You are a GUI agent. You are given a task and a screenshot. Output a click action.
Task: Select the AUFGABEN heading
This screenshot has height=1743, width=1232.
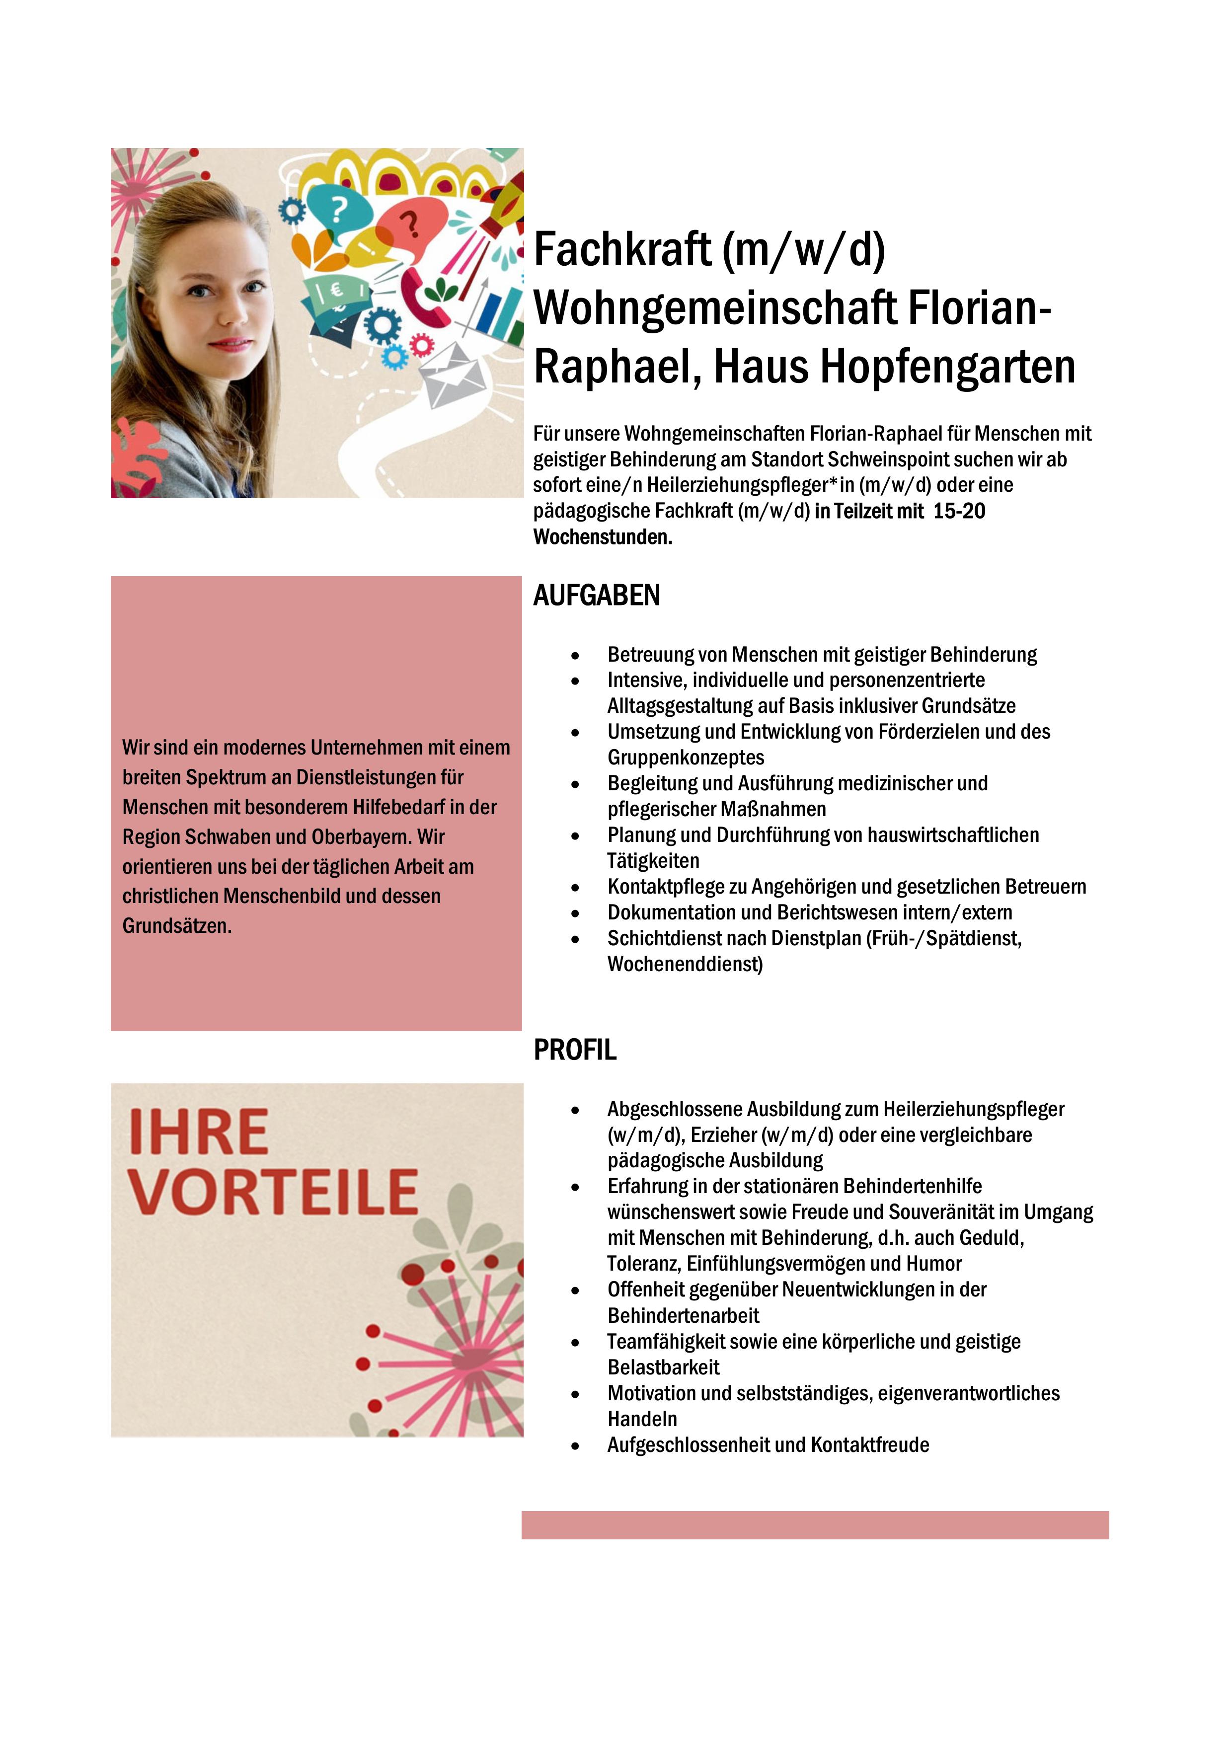click(597, 596)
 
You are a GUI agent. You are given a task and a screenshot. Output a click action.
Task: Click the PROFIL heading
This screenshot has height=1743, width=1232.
click(575, 1050)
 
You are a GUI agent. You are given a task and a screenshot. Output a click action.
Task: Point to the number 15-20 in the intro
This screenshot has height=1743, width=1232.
click(959, 511)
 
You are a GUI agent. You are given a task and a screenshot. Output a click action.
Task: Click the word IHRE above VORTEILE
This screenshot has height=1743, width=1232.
click(199, 1132)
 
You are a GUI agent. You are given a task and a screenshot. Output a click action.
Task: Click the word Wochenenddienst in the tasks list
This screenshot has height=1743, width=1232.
click(685, 964)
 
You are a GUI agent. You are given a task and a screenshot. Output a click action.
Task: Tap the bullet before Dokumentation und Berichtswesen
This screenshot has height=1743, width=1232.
click(576, 913)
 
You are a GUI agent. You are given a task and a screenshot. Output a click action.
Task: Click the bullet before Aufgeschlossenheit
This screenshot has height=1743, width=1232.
click(576, 1445)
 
